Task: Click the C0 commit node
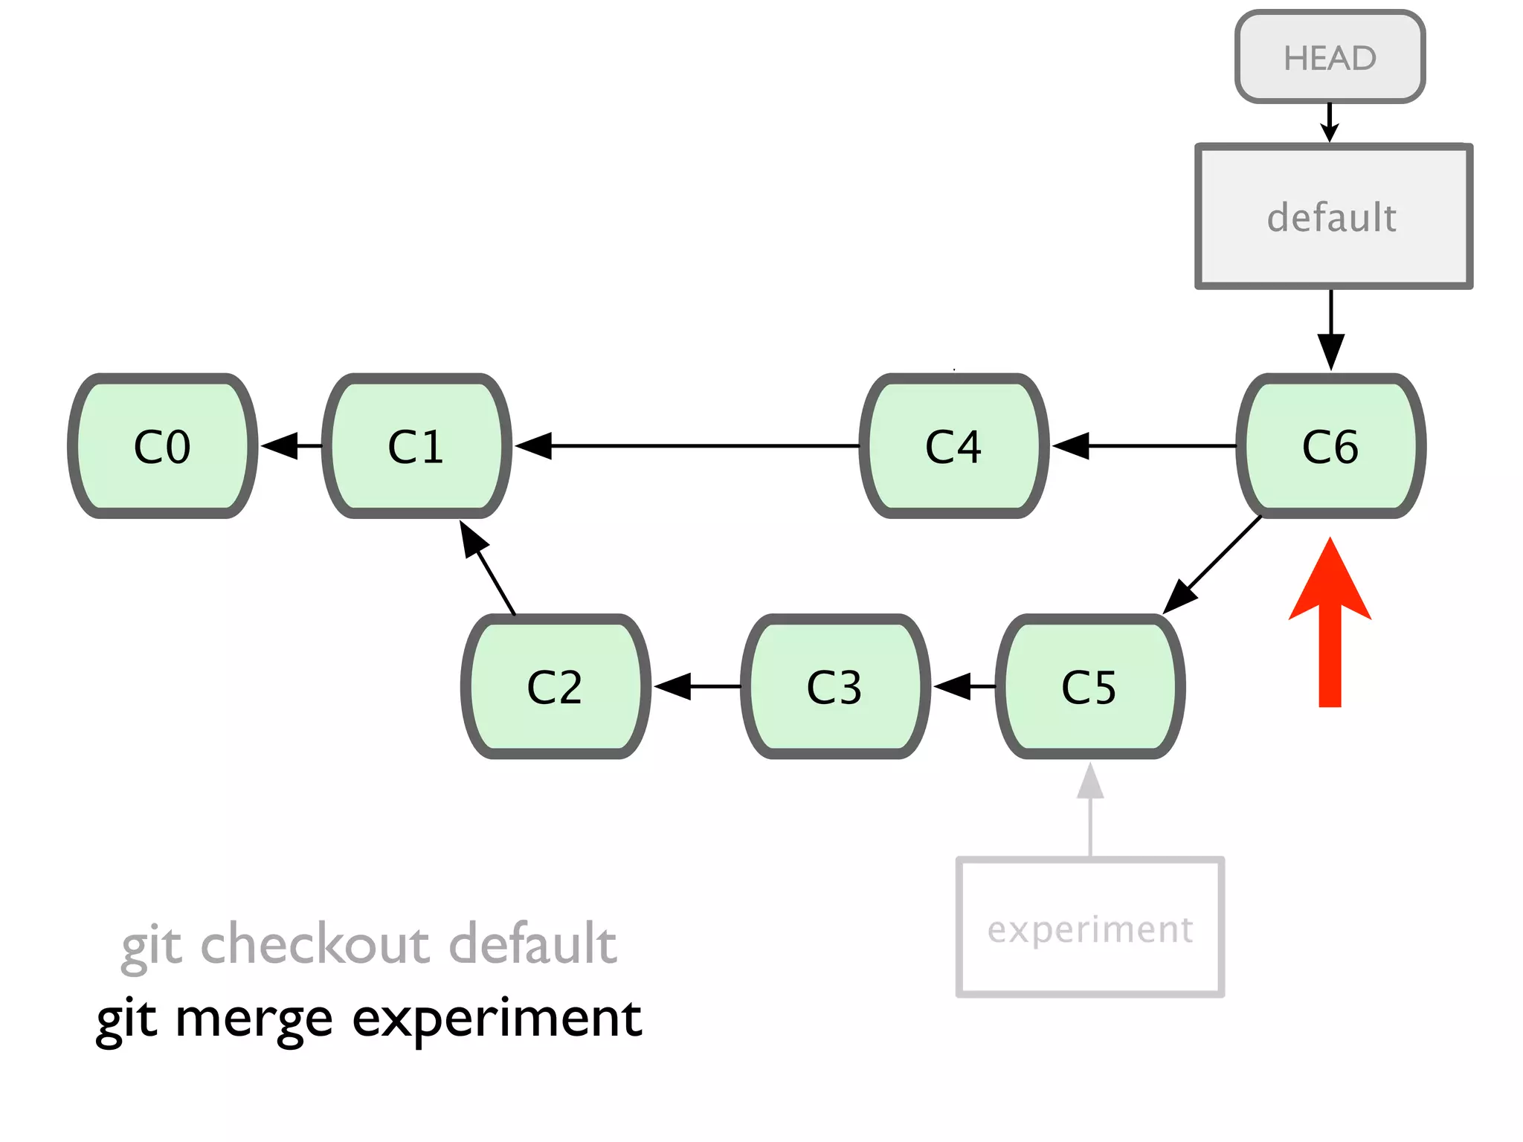click(162, 446)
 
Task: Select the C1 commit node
click(416, 446)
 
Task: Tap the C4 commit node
click(953, 446)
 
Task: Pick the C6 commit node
click(1330, 446)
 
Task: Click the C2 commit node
click(555, 686)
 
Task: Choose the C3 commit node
click(834, 686)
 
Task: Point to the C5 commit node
click(1089, 686)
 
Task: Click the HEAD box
click(1330, 57)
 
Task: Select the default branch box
click(1333, 216)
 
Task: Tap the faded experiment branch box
click(1090, 928)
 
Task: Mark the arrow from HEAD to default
click(1330, 123)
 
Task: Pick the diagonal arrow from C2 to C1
click(488, 568)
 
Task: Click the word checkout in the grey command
click(315, 944)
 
